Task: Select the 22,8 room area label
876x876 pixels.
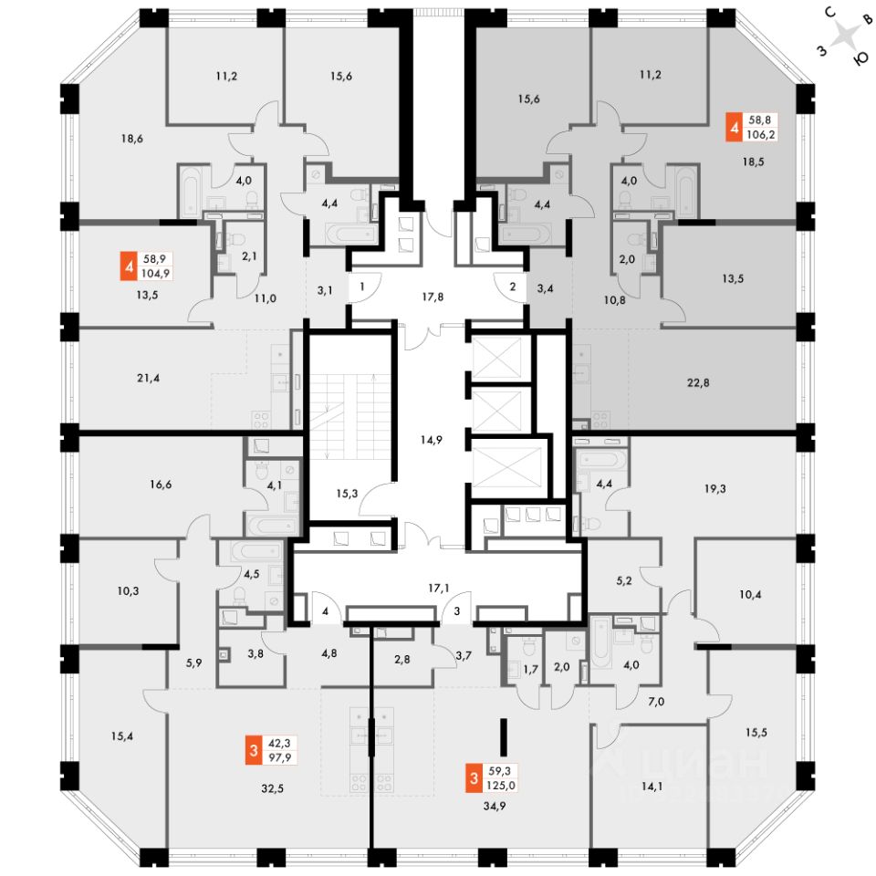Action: click(x=696, y=383)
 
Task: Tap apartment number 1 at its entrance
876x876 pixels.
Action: click(x=362, y=287)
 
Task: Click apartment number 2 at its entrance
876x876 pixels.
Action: click(x=513, y=287)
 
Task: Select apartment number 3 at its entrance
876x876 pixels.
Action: click(x=456, y=610)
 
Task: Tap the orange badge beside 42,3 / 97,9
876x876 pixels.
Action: click(x=253, y=751)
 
